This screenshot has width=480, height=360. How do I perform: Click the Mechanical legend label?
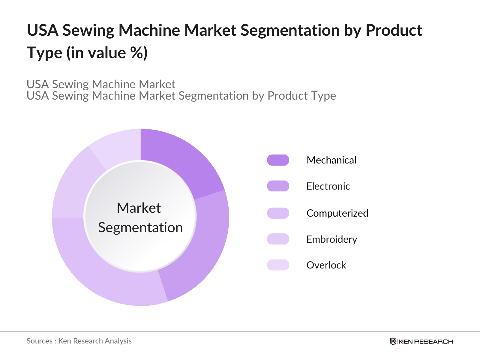[331, 160]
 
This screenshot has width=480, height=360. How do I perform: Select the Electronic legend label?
[328, 186]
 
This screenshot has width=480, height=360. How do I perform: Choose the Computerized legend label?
[337, 213]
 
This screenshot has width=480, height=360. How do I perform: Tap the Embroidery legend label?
[331, 239]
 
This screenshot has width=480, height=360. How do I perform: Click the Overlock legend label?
[326, 265]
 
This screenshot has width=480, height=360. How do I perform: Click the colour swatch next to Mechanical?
[278, 160]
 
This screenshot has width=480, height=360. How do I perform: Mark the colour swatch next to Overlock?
[278, 265]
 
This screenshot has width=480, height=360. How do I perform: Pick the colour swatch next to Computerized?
[278, 213]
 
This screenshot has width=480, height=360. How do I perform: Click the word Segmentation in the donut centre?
[140, 228]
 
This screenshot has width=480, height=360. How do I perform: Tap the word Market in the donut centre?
[139, 208]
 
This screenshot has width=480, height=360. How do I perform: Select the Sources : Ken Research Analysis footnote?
[79, 341]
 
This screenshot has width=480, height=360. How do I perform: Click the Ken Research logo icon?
[393, 341]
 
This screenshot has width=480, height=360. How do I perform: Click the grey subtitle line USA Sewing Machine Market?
[101, 84]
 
